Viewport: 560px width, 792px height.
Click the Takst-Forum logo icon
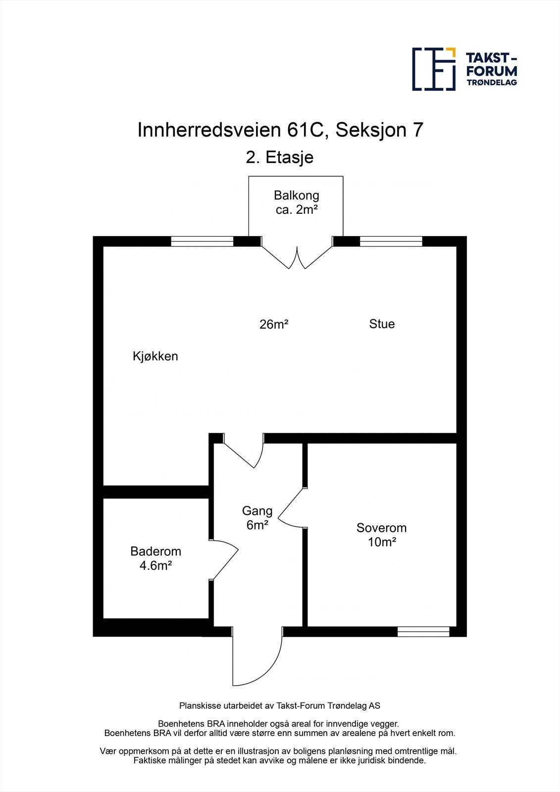click(x=434, y=69)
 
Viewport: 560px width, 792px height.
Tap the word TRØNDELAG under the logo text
click(x=492, y=82)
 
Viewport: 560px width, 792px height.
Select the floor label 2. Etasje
click(x=280, y=157)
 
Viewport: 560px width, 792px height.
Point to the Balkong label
click(x=296, y=195)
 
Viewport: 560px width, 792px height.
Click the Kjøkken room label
click(x=155, y=356)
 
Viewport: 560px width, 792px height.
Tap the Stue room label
click(x=382, y=324)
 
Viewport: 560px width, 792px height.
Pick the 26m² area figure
click(x=274, y=325)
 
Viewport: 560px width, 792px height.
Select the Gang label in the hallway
click(x=257, y=510)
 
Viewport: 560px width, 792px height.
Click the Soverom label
click(x=381, y=528)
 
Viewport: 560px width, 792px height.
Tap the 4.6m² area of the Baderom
click(x=155, y=565)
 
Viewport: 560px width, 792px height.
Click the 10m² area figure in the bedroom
click(x=382, y=542)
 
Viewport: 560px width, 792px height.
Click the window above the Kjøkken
click(x=202, y=242)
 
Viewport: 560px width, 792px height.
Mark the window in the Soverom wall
click(x=423, y=631)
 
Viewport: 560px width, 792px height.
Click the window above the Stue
click(x=391, y=242)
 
